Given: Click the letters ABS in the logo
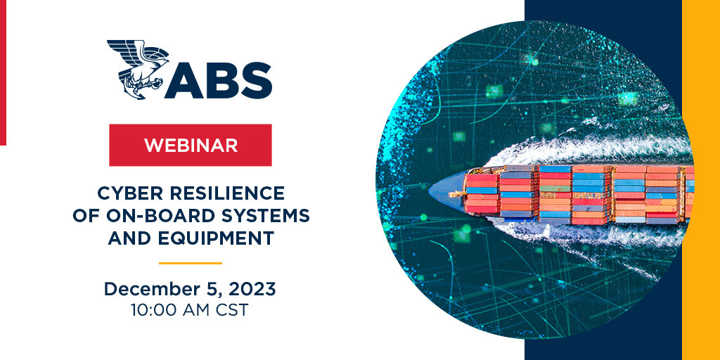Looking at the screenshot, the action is (219, 80).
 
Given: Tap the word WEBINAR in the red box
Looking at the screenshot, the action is (191, 145).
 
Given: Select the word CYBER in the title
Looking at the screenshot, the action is (124, 194).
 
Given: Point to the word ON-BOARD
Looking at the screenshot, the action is (153, 216).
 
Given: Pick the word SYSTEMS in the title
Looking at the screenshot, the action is (259, 216).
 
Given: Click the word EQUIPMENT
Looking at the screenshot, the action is (214, 238).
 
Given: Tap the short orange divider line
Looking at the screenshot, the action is (191, 263).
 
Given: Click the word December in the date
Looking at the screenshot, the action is (150, 289).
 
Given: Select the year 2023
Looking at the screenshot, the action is (252, 289).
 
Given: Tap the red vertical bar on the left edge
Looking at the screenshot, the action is (3, 72).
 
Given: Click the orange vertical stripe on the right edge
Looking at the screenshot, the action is (701, 180).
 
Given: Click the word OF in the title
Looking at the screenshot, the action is (85, 216).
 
